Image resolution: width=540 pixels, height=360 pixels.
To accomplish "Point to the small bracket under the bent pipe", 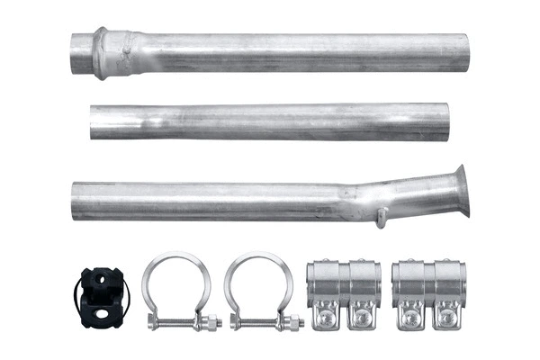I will click(382, 217).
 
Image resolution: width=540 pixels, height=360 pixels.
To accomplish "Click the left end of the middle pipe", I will click(94, 121).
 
